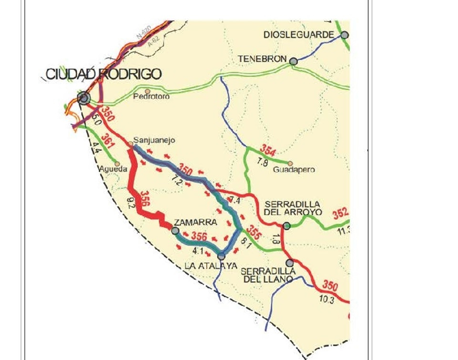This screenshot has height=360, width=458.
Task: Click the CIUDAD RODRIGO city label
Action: [x=103, y=74]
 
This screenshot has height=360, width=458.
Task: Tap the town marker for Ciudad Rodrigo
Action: [x=84, y=98]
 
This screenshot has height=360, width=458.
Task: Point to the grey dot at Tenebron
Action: [x=294, y=61]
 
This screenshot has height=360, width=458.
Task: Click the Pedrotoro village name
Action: [x=152, y=96]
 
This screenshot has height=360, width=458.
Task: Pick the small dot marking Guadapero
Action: [x=290, y=163]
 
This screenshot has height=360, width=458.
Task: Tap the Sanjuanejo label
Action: [x=154, y=140]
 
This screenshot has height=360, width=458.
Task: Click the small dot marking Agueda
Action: [x=117, y=164]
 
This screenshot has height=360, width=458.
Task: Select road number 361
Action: [x=109, y=140]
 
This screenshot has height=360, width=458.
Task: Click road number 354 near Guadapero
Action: [x=268, y=151]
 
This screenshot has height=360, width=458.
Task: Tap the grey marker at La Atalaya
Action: [x=221, y=257]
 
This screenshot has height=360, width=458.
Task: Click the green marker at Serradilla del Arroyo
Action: [x=286, y=226]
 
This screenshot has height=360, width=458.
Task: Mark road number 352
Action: [x=341, y=214]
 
